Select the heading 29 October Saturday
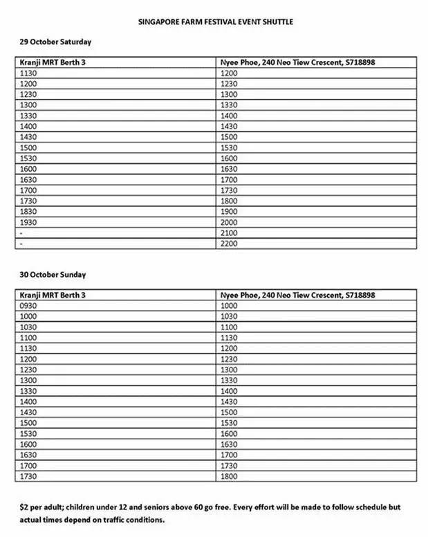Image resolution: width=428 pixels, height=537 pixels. click(55, 42)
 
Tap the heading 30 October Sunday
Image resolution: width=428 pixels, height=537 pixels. click(53, 275)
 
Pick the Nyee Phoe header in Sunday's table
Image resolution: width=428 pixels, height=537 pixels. click(298, 295)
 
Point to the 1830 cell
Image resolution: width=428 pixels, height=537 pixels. click(30, 211)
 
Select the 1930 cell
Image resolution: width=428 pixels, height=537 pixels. click(30, 222)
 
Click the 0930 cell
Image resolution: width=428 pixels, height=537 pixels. click(30, 305)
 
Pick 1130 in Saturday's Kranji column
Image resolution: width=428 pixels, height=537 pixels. click(30, 73)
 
